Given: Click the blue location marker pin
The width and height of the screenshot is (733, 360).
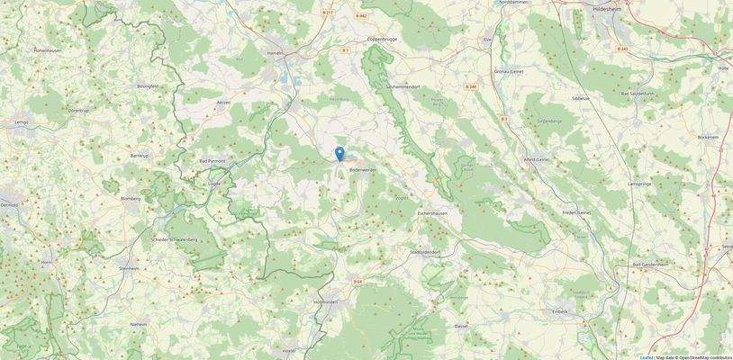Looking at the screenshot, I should (339, 154).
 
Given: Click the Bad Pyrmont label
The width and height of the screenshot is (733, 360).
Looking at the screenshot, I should (212, 161).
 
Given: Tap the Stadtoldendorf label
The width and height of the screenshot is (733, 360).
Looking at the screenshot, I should (427, 253).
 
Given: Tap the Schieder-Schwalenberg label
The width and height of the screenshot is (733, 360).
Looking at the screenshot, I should (175, 240).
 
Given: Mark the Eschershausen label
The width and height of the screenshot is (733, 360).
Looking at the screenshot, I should (433, 213).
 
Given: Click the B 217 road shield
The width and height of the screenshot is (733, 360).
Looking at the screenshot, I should (328, 13).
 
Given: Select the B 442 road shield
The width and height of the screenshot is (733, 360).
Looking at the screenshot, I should (361, 15).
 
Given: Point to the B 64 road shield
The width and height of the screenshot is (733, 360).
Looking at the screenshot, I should (357, 282).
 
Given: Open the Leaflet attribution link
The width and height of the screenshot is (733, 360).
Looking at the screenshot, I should (646, 357).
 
